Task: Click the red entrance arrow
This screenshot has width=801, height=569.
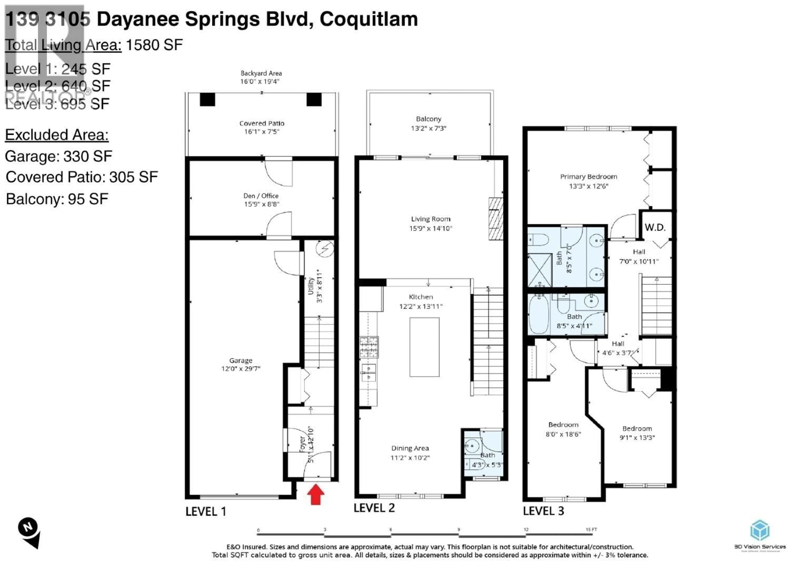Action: click(x=315, y=494)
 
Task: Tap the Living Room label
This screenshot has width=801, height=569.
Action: click(x=430, y=219)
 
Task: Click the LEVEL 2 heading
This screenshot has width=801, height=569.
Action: click(x=374, y=508)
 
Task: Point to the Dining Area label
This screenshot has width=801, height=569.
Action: click(x=410, y=448)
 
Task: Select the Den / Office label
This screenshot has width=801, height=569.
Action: click(x=261, y=196)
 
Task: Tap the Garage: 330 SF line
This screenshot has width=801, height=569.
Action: click(x=58, y=156)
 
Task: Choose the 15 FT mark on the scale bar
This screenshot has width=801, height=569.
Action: click(x=591, y=529)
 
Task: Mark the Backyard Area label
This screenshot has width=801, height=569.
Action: click(x=261, y=73)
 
